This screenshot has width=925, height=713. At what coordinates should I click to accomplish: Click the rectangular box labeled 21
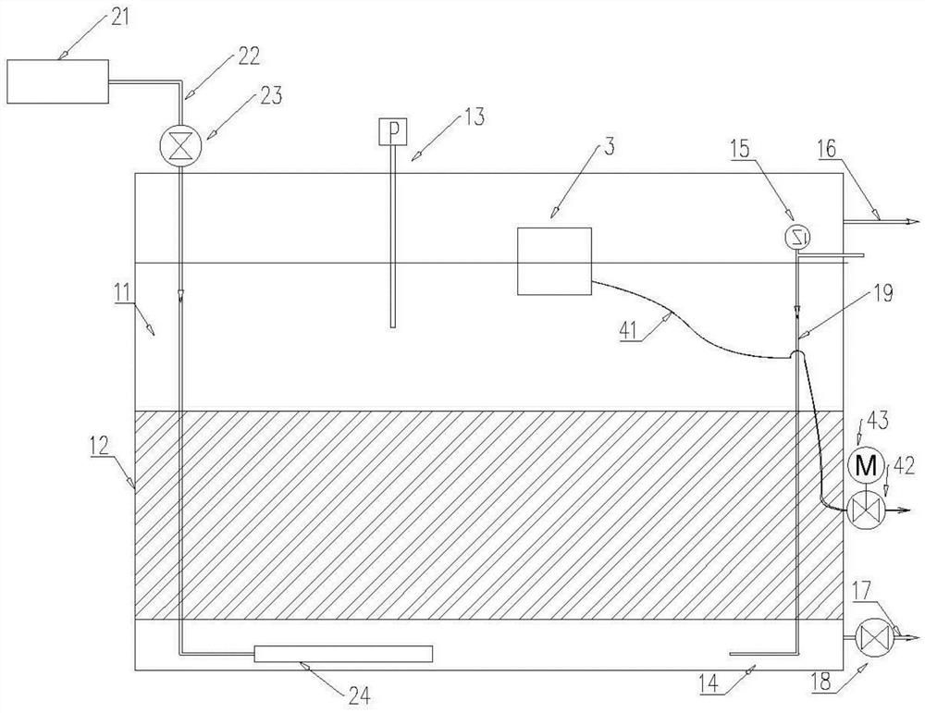coord(57,81)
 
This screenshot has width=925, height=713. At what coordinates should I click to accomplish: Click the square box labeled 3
coord(554,261)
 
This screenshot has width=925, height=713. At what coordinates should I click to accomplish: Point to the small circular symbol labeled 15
coord(797,237)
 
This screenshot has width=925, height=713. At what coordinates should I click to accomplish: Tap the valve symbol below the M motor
coord(863,510)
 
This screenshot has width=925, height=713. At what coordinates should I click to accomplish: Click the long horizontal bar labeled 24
coord(343,654)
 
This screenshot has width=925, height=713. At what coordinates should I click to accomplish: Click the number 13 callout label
coord(473,117)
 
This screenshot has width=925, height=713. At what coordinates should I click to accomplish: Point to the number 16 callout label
coord(826,149)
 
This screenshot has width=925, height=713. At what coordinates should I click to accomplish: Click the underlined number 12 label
coord(100,446)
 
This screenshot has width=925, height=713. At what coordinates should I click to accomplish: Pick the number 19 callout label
coord(883,294)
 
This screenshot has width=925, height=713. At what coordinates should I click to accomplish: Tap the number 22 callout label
coord(248,56)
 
